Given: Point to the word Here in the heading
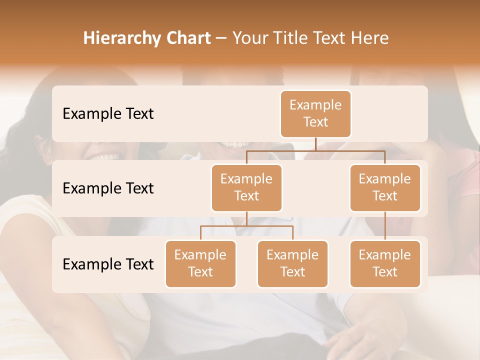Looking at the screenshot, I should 369,38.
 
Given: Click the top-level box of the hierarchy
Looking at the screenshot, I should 315,113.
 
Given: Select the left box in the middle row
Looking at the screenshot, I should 246,187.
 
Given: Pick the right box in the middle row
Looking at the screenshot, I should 385,187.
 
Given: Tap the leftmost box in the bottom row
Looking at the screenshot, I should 200,263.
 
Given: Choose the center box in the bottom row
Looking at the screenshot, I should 292,263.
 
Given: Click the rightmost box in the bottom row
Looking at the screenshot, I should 385,263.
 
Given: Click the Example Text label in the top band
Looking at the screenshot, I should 108,113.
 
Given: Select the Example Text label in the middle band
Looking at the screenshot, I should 108,188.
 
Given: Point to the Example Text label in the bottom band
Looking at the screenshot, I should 108,264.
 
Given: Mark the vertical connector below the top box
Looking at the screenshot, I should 315,144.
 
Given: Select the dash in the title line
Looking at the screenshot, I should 221,39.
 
